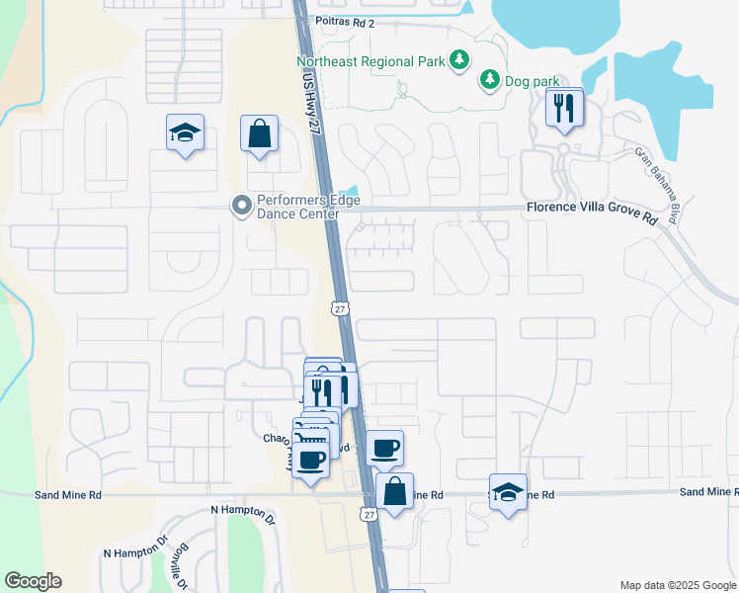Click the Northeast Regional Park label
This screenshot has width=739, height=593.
pyautogui.click(x=371, y=61)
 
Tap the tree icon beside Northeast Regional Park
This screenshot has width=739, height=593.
pyautogui.click(x=458, y=61)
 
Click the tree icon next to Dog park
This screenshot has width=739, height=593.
pyautogui.click(x=488, y=79)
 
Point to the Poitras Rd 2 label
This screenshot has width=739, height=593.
pyautogui.click(x=346, y=21)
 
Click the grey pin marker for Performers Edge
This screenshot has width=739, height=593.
pyautogui.click(x=240, y=207)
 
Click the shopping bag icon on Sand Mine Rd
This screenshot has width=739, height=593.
pyautogui.click(x=394, y=490)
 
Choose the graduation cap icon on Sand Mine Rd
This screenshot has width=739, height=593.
pyautogui.click(x=508, y=490)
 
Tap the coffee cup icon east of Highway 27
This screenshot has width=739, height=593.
pyautogui.click(x=384, y=448)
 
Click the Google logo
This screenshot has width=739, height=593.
pyautogui.click(x=33, y=581)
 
